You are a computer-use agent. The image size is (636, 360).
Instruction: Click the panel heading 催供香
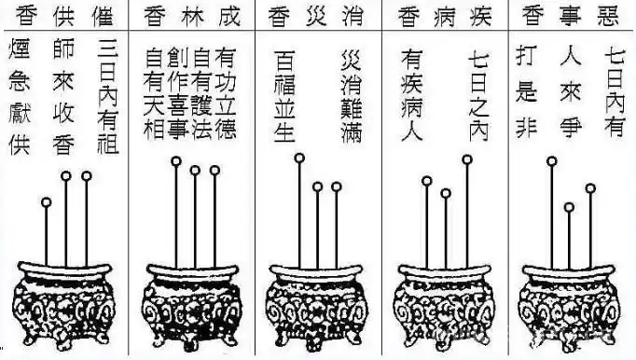64,16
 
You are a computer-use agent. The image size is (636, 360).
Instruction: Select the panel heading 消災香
318,16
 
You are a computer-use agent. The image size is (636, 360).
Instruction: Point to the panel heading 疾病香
443,16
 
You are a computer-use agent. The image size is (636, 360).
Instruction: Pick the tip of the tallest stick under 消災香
298,159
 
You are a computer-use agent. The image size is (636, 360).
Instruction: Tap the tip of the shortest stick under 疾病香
446,194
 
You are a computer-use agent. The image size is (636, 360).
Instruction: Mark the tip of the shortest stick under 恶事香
569,207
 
